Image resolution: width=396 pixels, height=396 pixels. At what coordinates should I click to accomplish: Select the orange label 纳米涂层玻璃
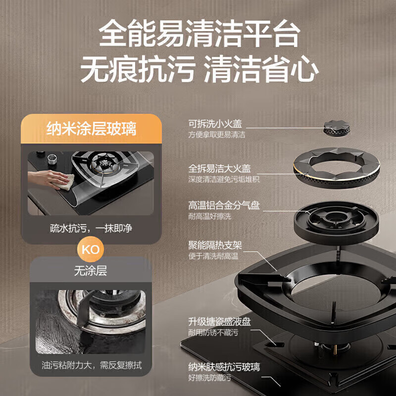(x=91, y=130)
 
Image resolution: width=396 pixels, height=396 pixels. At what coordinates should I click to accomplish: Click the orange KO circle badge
(x=90, y=248)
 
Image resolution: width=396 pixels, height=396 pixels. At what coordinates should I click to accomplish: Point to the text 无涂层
(x=90, y=271)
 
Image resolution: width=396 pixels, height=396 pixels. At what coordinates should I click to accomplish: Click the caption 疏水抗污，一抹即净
(x=91, y=229)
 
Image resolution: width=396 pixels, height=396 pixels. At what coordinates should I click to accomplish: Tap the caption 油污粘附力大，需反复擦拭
(x=91, y=366)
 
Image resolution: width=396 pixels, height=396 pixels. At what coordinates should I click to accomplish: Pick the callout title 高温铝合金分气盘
(x=224, y=205)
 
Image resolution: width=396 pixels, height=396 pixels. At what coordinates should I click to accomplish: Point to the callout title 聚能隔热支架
(x=215, y=246)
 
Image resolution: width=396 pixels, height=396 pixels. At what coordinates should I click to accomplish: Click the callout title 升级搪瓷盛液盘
(x=219, y=322)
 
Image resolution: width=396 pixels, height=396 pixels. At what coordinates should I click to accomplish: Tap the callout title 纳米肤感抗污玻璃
(x=224, y=367)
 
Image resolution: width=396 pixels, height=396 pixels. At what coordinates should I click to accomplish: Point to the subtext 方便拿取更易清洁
(x=216, y=135)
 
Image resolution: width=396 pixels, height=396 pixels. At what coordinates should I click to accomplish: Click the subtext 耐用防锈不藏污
(x=213, y=333)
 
